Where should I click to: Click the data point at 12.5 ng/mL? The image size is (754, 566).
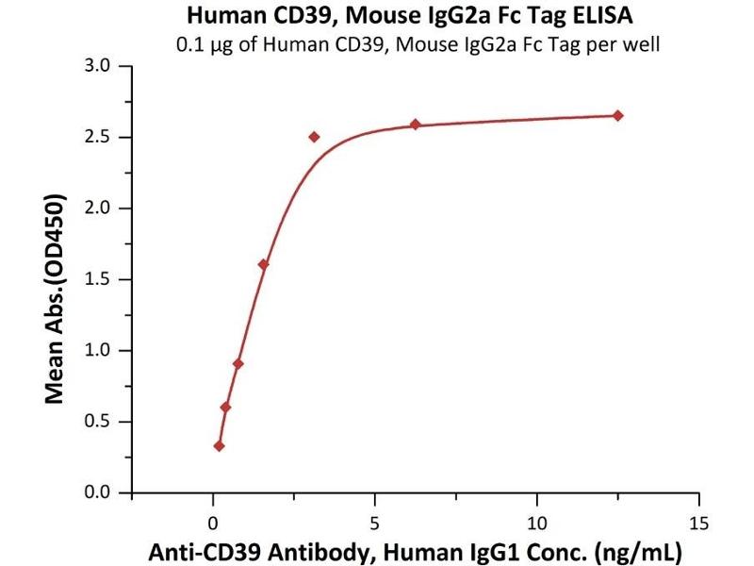(617, 115)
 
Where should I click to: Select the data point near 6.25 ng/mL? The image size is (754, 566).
(415, 125)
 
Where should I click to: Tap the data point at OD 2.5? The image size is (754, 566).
(314, 137)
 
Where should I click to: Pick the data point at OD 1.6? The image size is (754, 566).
(263, 264)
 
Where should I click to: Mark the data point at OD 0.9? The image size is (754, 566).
(238, 363)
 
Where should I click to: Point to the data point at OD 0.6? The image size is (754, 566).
(225, 408)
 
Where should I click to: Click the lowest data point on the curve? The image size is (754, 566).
(220, 446)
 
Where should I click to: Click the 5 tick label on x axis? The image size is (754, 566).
(375, 521)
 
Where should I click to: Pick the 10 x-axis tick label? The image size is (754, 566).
(537, 521)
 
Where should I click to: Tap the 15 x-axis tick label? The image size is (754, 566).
(698, 521)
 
